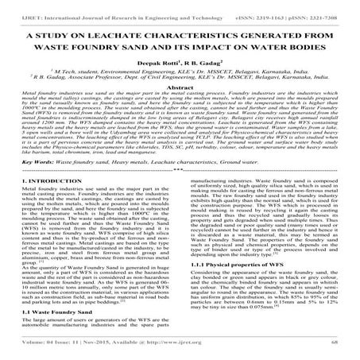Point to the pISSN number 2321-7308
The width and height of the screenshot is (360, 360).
[312, 11]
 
